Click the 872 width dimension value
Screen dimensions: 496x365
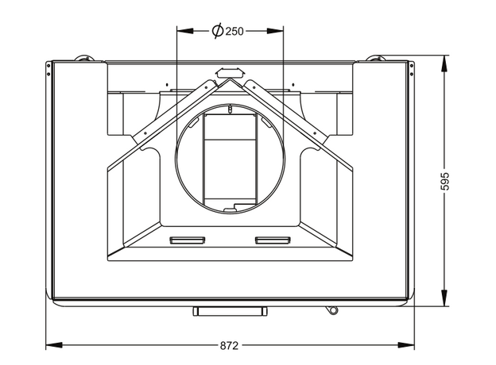(x=229, y=346)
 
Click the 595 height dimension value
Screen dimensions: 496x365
(x=445, y=181)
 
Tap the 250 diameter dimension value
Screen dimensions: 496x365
(x=234, y=31)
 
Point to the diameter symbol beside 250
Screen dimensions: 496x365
(x=218, y=31)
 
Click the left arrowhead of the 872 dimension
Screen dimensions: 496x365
(x=54, y=345)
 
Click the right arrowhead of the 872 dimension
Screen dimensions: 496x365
(x=406, y=345)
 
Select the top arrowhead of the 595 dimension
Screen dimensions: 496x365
(x=444, y=63)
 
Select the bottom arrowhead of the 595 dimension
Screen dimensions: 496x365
(x=444, y=298)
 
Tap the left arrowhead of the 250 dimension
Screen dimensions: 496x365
(x=185, y=31)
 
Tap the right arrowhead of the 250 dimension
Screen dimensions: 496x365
(x=275, y=31)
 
